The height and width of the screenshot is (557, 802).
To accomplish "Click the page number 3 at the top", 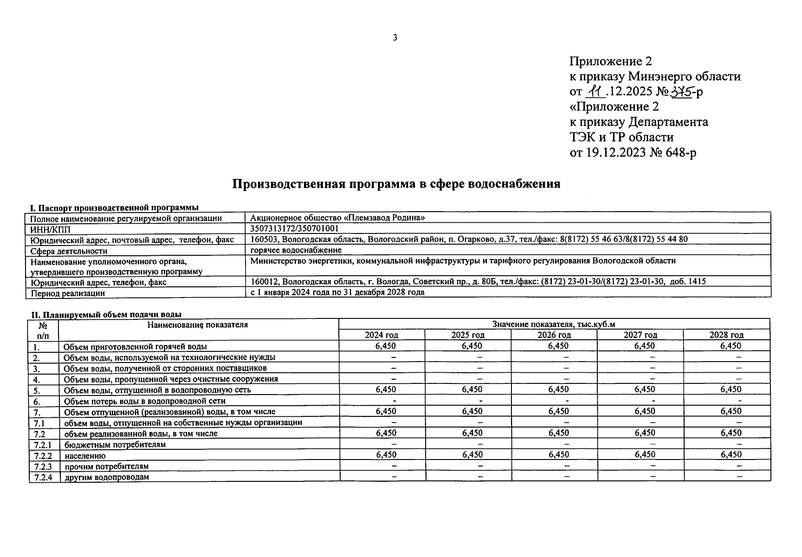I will click(x=395, y=38).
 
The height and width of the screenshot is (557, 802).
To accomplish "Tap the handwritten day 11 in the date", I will click(x=595, y=92).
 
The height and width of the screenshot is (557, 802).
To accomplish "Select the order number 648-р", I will click(x=680, y=152).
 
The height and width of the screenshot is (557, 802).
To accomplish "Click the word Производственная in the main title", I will click(x=288, y=184).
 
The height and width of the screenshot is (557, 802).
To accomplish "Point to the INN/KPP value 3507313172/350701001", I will click(x=294, y=228).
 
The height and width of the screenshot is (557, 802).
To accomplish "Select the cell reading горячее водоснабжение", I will click(x=296, y=250).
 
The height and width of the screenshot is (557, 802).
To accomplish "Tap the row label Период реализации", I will click(x=68, y=293).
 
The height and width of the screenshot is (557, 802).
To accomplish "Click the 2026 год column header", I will click(x=554, y=335).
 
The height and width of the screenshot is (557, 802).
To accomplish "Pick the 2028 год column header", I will click(x=726, y=335).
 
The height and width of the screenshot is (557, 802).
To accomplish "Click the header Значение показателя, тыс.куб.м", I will click(x=554, y=324).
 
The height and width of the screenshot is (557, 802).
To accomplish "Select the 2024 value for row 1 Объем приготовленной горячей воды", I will click(x=386, y=346).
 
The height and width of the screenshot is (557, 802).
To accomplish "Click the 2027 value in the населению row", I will click(x=645, y=455).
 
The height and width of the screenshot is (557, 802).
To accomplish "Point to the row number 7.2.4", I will click(x=43, y=477).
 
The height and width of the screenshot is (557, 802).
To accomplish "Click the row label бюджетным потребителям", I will click(x=115, y=444).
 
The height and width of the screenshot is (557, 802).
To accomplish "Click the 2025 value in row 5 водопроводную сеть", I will click(x=472, y=389).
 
